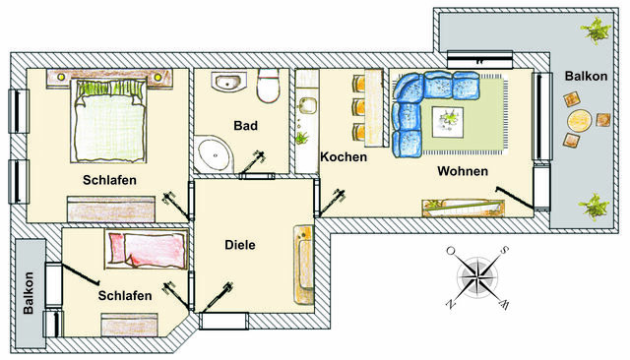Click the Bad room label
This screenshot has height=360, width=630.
pos(245,126)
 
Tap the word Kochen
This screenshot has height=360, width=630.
pos(344,157)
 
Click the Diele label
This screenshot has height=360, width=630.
pos(240,245)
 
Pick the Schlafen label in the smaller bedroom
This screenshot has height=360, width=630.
pos(125,295)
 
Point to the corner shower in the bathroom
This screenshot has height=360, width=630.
pos(212,152)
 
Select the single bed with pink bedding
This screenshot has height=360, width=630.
pos(148,248)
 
